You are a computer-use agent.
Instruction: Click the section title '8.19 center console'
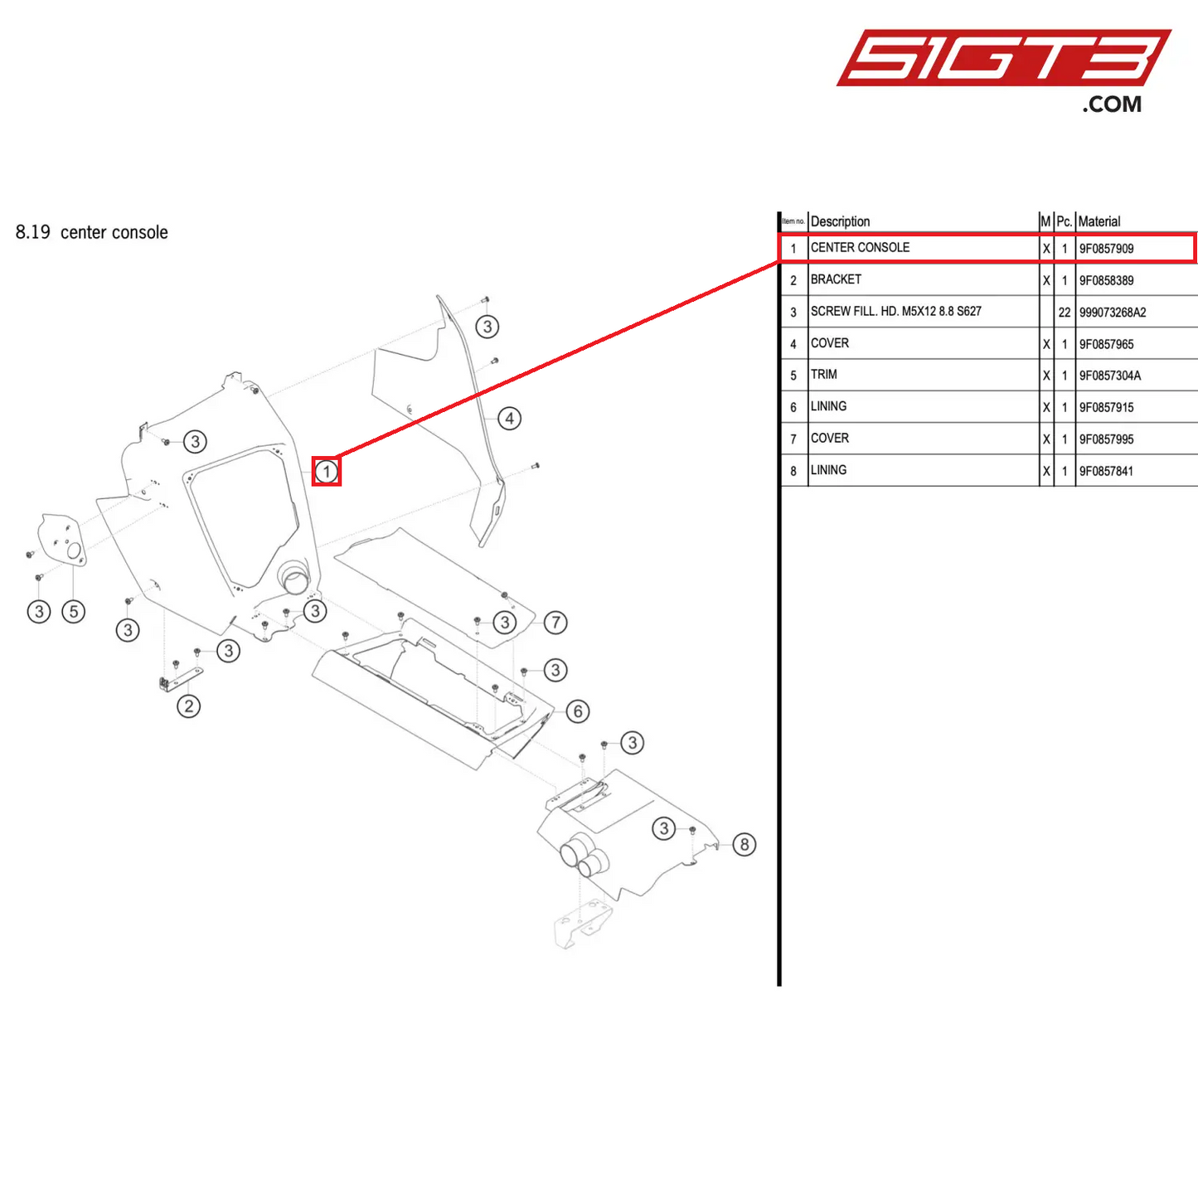92,233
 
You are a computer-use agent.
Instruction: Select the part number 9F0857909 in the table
1106,249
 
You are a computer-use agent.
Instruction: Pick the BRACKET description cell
836,279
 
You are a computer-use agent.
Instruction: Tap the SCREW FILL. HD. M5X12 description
895,312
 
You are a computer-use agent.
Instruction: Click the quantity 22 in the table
1065,313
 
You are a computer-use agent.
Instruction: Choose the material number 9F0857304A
1109,376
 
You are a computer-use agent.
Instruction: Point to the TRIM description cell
824,375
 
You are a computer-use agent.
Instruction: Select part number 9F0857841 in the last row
1106,471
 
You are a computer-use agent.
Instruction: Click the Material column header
1099,221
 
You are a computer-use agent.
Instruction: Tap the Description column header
840,221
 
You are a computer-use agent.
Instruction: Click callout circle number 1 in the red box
327,472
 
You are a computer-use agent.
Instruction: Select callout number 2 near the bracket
189,706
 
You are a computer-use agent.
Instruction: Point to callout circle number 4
510,419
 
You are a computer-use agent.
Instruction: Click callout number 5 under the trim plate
74,612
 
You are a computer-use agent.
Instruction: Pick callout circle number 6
578,711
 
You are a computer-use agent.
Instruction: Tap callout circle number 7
555,622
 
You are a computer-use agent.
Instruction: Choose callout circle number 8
745,844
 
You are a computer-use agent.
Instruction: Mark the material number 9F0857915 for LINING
1106,407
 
